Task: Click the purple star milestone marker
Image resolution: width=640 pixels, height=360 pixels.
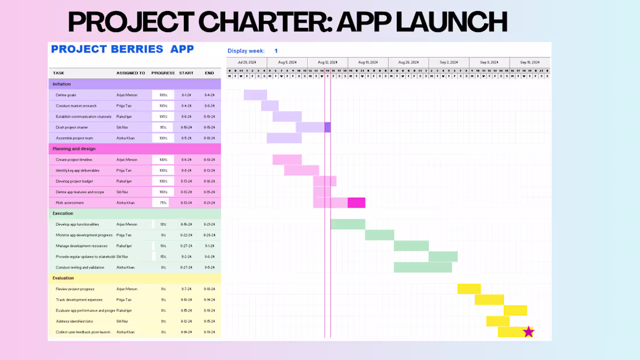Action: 528,332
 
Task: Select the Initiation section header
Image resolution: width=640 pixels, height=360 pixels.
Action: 62,84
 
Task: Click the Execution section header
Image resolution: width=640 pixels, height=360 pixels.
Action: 63,213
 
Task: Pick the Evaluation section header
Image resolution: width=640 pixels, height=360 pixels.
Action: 63,278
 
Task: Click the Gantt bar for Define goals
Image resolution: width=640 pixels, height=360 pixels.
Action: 255,95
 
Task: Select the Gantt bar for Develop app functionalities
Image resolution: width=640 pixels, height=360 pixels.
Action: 348,224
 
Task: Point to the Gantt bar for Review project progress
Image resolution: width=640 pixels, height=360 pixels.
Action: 469,288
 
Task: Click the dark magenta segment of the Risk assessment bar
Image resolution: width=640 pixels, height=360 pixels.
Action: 356,202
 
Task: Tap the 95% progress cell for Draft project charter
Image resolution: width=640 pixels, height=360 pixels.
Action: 163,127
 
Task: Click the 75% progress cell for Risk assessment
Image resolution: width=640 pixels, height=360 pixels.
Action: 163,203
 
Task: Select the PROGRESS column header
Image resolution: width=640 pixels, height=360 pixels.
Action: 163,73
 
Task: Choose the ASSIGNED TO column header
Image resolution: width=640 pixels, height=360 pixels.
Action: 130,73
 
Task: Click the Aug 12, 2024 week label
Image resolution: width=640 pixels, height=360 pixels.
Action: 328,62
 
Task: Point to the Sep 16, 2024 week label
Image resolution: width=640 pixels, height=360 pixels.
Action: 529,62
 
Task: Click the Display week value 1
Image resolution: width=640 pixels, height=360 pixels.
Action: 276,51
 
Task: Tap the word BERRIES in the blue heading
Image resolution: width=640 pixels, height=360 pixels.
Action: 130,49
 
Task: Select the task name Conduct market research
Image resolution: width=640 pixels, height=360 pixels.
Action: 76,106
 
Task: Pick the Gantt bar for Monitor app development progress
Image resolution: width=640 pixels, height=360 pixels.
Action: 379,235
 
